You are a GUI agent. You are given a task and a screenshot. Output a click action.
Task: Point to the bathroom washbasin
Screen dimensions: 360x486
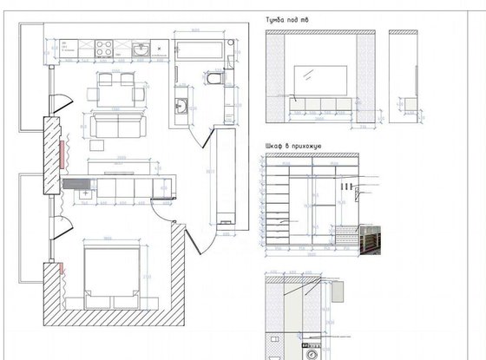pos(181,105)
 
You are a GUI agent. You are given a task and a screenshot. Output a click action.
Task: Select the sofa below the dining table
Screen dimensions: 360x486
pos(115,127)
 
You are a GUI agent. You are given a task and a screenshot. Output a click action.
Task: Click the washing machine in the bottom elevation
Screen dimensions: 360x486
pos(315,350)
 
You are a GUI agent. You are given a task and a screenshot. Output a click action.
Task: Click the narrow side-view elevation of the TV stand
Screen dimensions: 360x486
pos(403,78)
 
